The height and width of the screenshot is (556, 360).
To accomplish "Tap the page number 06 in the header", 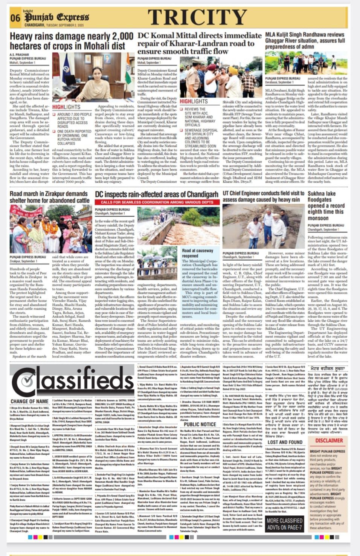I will (x=15, y=18).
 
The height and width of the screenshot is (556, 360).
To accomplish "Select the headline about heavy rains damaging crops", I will (x=71, y=41).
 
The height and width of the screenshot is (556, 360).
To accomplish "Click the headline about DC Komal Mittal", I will (x=199, y=43).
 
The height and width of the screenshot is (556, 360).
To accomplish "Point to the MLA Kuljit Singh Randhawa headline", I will (x=305, y=40).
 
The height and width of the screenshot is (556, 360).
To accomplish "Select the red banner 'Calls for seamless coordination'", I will (x=157, y=202).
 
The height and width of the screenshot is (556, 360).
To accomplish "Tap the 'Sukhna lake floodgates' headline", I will (x=326, y=206).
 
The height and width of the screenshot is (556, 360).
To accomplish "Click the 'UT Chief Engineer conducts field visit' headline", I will (x=262, y=197).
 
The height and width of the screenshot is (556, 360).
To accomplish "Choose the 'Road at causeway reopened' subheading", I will (x=198, y=253).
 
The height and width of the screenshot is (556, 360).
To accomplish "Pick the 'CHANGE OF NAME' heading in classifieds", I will (x=29, y=402).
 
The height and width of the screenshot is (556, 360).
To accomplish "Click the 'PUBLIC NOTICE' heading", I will (x=200, y=425).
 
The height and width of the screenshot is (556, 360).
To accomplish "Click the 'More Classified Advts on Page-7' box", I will (x=284, y=524).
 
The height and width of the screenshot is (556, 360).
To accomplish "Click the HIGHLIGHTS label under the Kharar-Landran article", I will (x=194, y=101).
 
